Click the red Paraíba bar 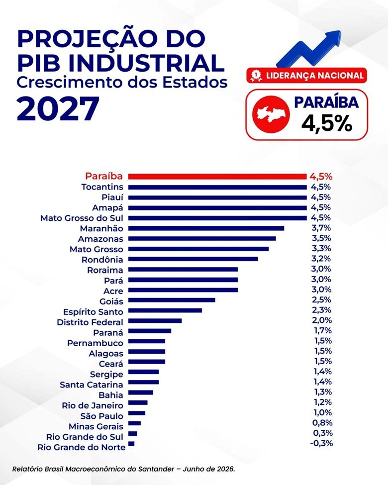tap(217, 177)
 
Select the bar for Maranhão tap(206, 228)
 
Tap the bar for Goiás tap(172, 300)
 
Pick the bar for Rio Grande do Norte tap(131, 444)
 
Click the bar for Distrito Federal tap(155, 321)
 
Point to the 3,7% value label tap(321, 228)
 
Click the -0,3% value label tap(321, 443)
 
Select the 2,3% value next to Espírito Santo tap(321, 310)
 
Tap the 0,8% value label tap(322, 423)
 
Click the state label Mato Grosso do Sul tap(82, 218)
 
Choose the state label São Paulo tap(102, 416)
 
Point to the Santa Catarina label tap(91, 385)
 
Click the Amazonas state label tap(100, 239)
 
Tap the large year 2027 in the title tap(58, 109)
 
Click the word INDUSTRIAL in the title tap(146, 62)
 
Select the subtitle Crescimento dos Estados tap(122, 82)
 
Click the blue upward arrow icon tap(309, 49)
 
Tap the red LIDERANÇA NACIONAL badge tap(306, 76)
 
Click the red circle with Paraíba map tap(271, 114)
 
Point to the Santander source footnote tap(124, 469)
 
